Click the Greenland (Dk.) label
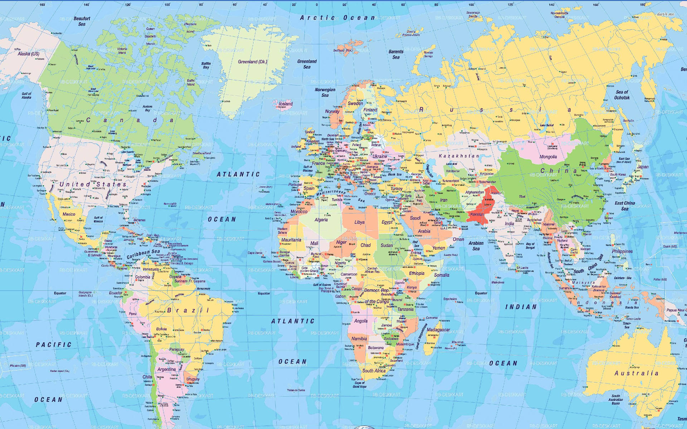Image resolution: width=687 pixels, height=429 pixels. pyautogui.click(x=253, y=62)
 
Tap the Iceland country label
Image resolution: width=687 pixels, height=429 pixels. pyautogui.click(x=286, y=104)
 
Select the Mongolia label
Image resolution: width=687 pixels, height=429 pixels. pyautogui.click(x=548, y=157)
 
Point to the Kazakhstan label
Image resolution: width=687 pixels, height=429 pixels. pyautogui.click(x=459, y=156)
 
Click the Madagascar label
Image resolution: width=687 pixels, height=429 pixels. pyautogui.click(x=438, y=330)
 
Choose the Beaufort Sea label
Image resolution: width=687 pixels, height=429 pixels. pyautogui.click(x=82, y=21)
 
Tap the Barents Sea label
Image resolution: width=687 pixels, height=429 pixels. pyautogui.click(x=396, y=54)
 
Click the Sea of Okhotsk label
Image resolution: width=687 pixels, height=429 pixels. pyautogui.click(x=622, y=95)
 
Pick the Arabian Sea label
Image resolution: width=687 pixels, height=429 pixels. pyautogui.click(x=476, y=246)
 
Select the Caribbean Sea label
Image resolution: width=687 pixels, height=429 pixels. pyautogui.click(x=143, y=254)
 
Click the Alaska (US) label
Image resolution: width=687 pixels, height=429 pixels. pyautogui.click(x=29, y=54)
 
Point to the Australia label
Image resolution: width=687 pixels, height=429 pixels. pyautogui.click(x=636, y=373)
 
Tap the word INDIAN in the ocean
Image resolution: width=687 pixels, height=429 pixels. pyautogui.click(x=521, y=307)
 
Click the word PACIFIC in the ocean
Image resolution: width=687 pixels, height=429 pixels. pyautogui.click(x=54, y=345)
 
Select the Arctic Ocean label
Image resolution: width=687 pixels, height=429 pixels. pyautogui.click(x=337, y=18)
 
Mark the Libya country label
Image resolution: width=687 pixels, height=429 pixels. pyautogui.click(x=359, y=222)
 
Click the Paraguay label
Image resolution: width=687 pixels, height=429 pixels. pyautogui.click(x=177, y=349)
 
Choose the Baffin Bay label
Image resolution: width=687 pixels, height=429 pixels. pyautogui.click(x=206, y=65)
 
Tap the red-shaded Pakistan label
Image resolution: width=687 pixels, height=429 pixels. pyautogui.click(x=477, y=214)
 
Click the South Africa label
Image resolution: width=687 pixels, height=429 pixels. pyautogui.click(x=374, y=371)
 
